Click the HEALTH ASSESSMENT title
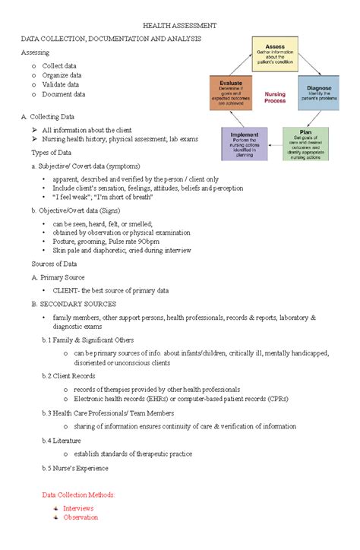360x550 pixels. click(180, 25)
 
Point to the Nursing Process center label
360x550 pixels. click(275, 98)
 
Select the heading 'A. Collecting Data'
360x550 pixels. click(48, 117)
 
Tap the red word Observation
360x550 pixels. click(81, 517)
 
